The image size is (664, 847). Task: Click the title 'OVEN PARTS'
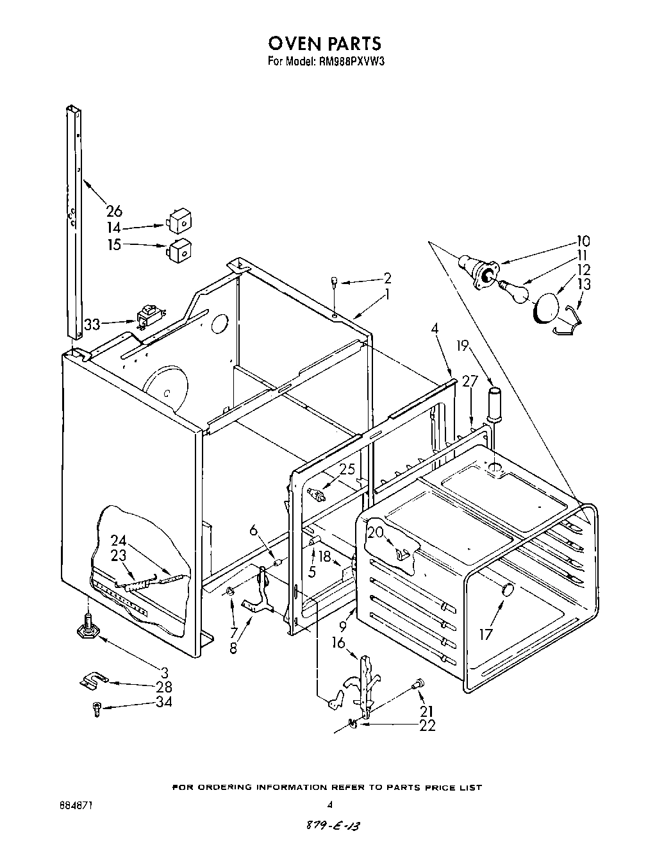coord(324,43)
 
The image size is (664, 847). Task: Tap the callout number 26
coord(114,211)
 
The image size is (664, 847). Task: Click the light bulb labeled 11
coord(517,292)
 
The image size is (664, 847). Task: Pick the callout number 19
coord(464,346)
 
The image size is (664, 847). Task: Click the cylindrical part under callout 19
coord(494,403)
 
